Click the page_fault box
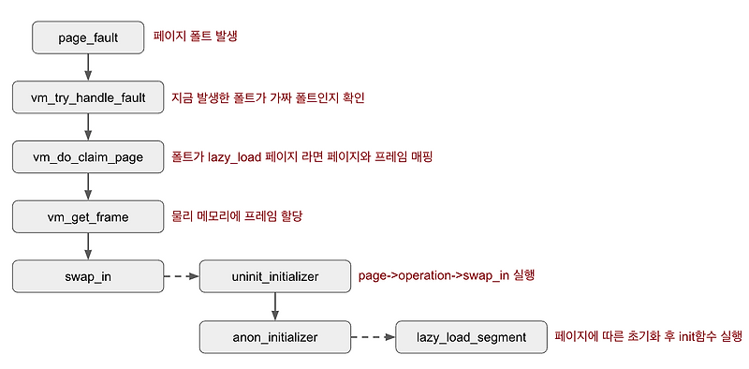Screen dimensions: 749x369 [x=87, y=38]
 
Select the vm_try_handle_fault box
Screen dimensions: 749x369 [x=87, y=97]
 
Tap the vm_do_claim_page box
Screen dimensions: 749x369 [x=87, y=156]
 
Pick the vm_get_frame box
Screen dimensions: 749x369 [x=87, y=216]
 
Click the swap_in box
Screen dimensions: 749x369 [x=87, y=276]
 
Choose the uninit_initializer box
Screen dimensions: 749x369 [x=274, y=276]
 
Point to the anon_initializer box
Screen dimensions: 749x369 [x=274, y=336]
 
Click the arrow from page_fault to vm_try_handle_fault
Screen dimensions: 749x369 [x=87, y=67]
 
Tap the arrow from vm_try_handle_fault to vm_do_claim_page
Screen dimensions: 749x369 [x=87, y=126]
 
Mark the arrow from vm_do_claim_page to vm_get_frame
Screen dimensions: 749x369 [x=87, y=186]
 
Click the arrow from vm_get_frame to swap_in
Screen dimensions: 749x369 [x=87, y=246]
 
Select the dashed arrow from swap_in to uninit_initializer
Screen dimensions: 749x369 [x=181, y=276]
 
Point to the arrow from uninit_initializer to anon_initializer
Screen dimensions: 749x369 [x=274, y=306]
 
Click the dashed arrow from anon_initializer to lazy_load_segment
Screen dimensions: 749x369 [x=373, y=336]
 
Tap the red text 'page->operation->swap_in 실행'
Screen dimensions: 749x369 [x=447, y=276]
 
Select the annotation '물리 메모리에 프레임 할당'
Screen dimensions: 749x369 [x=238, y=216]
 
